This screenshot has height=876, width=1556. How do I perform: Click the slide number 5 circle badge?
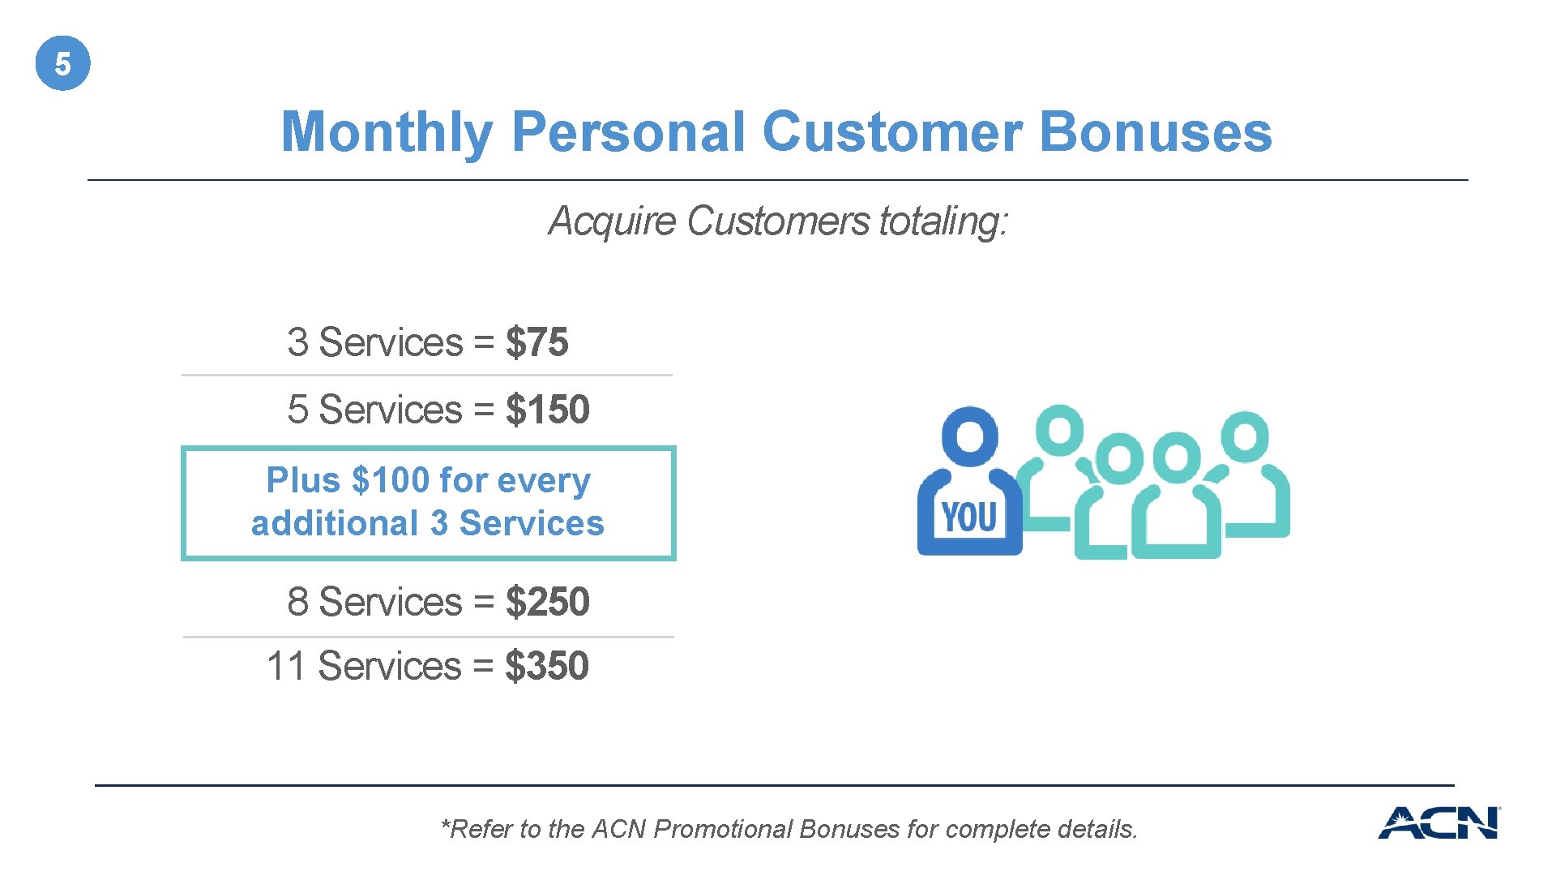62,63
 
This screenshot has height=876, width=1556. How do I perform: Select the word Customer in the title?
891,132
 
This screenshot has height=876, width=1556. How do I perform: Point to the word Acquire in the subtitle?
612,221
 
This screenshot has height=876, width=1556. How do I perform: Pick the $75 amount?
536,342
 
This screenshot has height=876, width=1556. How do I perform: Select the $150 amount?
547,410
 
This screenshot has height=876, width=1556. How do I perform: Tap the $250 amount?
547,602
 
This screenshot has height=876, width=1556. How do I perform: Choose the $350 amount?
546,666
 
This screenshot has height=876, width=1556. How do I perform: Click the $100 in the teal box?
391,480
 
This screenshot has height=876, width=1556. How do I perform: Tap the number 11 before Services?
285,666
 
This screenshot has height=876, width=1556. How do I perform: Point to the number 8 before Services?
297,602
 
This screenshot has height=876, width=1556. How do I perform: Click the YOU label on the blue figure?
969,517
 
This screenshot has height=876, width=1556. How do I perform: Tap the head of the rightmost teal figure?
1245,436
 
